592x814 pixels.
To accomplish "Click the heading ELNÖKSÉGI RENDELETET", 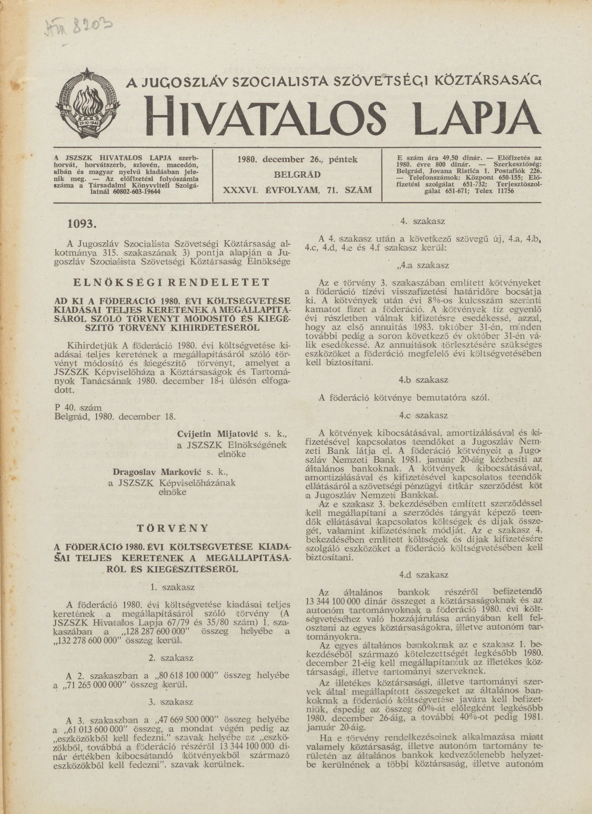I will [x=171, y=283].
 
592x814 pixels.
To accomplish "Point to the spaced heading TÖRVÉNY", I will [x=172, y=528].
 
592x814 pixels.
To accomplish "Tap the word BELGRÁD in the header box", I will [x=297, y=174].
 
